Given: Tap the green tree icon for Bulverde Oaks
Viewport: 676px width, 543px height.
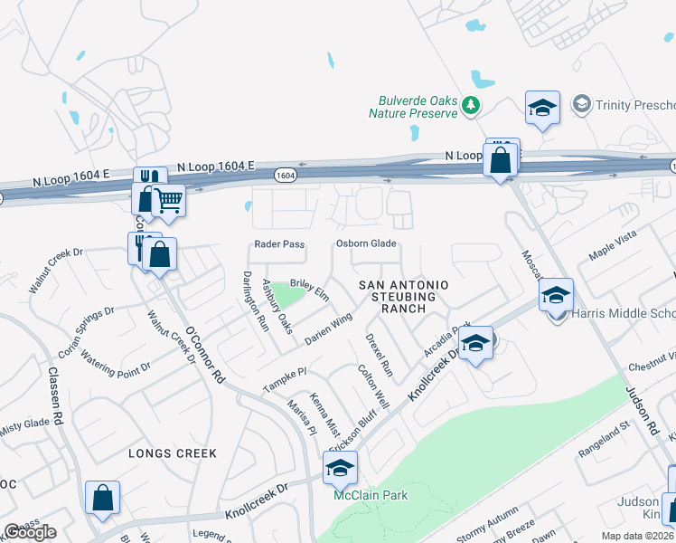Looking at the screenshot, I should (470, 107).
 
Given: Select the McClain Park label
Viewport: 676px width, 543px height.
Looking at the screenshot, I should (371, 495).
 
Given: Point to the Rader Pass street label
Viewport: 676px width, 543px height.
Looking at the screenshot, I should (279, 244).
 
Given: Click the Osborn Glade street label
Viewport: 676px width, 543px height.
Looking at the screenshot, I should (366, 243).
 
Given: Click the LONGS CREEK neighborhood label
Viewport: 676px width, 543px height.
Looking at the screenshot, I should (173, 453).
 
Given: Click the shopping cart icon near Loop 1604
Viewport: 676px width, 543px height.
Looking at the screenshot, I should (168, 200).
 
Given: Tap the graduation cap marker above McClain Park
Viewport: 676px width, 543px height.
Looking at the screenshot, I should (341, 468).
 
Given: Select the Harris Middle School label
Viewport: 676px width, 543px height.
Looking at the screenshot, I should (624, 315).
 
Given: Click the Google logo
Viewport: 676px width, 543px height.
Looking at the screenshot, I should (30, 532).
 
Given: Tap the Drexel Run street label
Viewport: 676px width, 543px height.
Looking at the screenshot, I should (379, 355).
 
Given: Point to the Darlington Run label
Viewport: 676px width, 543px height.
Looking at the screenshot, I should (255, 300).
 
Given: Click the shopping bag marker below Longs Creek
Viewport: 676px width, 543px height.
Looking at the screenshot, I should (103, 497).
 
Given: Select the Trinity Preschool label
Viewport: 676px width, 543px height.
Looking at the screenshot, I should (634, 104).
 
